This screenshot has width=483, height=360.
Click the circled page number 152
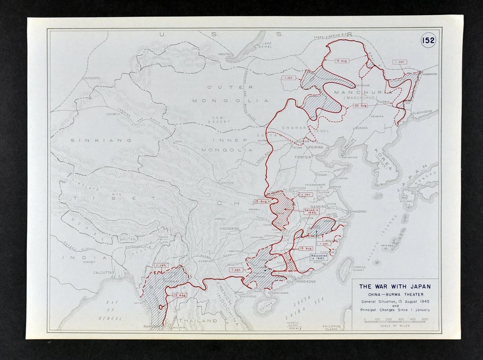click(429, 41)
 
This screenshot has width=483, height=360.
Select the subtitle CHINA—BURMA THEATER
click(394, 294)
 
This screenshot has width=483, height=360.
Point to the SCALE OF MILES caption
click(394, 326)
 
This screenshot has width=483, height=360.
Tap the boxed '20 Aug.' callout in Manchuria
click(360, 106)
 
